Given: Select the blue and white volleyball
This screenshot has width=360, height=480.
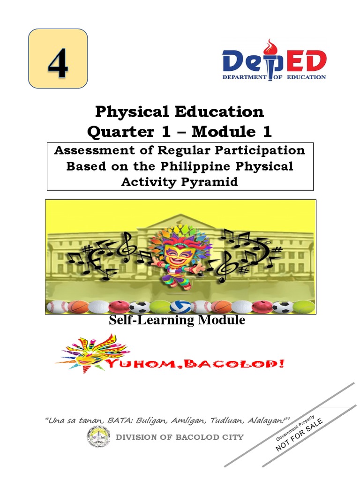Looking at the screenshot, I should click(180, 307).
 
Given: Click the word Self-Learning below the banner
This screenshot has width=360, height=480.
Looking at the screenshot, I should click(149, 321).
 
